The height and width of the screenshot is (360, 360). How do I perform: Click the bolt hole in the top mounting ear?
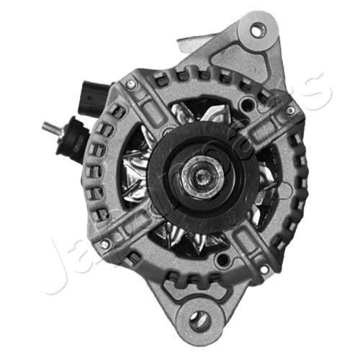(258, 30)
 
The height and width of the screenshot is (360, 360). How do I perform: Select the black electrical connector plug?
(88, 99)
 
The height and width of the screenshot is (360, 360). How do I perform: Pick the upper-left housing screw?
(131, 84)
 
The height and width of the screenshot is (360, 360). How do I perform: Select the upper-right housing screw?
(291, 109)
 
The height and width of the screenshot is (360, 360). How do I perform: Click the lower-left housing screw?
(105, 245)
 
